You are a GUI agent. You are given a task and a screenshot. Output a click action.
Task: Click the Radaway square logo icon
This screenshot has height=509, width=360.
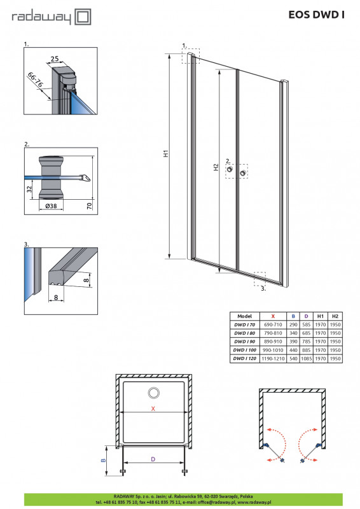tap(83, 17)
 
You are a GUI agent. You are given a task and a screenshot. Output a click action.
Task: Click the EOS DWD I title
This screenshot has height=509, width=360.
tap(317, 15)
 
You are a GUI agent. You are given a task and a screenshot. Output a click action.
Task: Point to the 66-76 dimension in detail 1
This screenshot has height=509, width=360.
tap(36, 80)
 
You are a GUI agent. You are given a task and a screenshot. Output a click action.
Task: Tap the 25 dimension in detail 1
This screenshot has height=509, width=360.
tap(55, 59)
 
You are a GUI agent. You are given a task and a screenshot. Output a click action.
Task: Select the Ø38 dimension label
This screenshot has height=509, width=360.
tap(51, 206)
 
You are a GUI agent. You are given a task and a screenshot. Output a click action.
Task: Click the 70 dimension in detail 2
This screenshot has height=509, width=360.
tap(90, 206)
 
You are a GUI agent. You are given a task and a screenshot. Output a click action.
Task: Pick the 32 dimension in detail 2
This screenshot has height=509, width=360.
tap(29, 189)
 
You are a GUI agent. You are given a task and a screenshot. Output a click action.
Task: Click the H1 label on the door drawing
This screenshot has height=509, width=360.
tap(166, 153)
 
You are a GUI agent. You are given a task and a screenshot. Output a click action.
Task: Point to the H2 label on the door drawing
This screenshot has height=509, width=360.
tap(216, 167)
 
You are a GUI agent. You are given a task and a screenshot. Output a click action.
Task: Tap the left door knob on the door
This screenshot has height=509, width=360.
tap(230, 169)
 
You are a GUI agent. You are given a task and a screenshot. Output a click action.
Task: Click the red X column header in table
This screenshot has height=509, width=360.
tap(273, 316)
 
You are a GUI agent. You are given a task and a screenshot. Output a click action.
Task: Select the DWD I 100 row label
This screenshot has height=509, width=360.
tap(245, 350)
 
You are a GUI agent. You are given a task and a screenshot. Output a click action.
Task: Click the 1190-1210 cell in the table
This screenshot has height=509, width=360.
tap(273, 359)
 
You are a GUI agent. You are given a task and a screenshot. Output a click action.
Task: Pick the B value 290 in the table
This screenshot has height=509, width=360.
tap(293, 324)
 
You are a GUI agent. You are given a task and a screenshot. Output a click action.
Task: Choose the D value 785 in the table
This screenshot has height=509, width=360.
tap(307, 342)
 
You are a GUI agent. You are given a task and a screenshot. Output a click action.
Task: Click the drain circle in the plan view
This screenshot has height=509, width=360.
tap(153, 393)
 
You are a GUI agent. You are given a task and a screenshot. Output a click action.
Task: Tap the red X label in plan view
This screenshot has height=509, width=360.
tap(153, 408)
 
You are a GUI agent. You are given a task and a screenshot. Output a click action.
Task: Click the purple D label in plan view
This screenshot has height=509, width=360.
tap(153, 459)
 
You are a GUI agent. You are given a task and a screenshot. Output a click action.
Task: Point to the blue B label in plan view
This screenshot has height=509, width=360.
tap(104, 460)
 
